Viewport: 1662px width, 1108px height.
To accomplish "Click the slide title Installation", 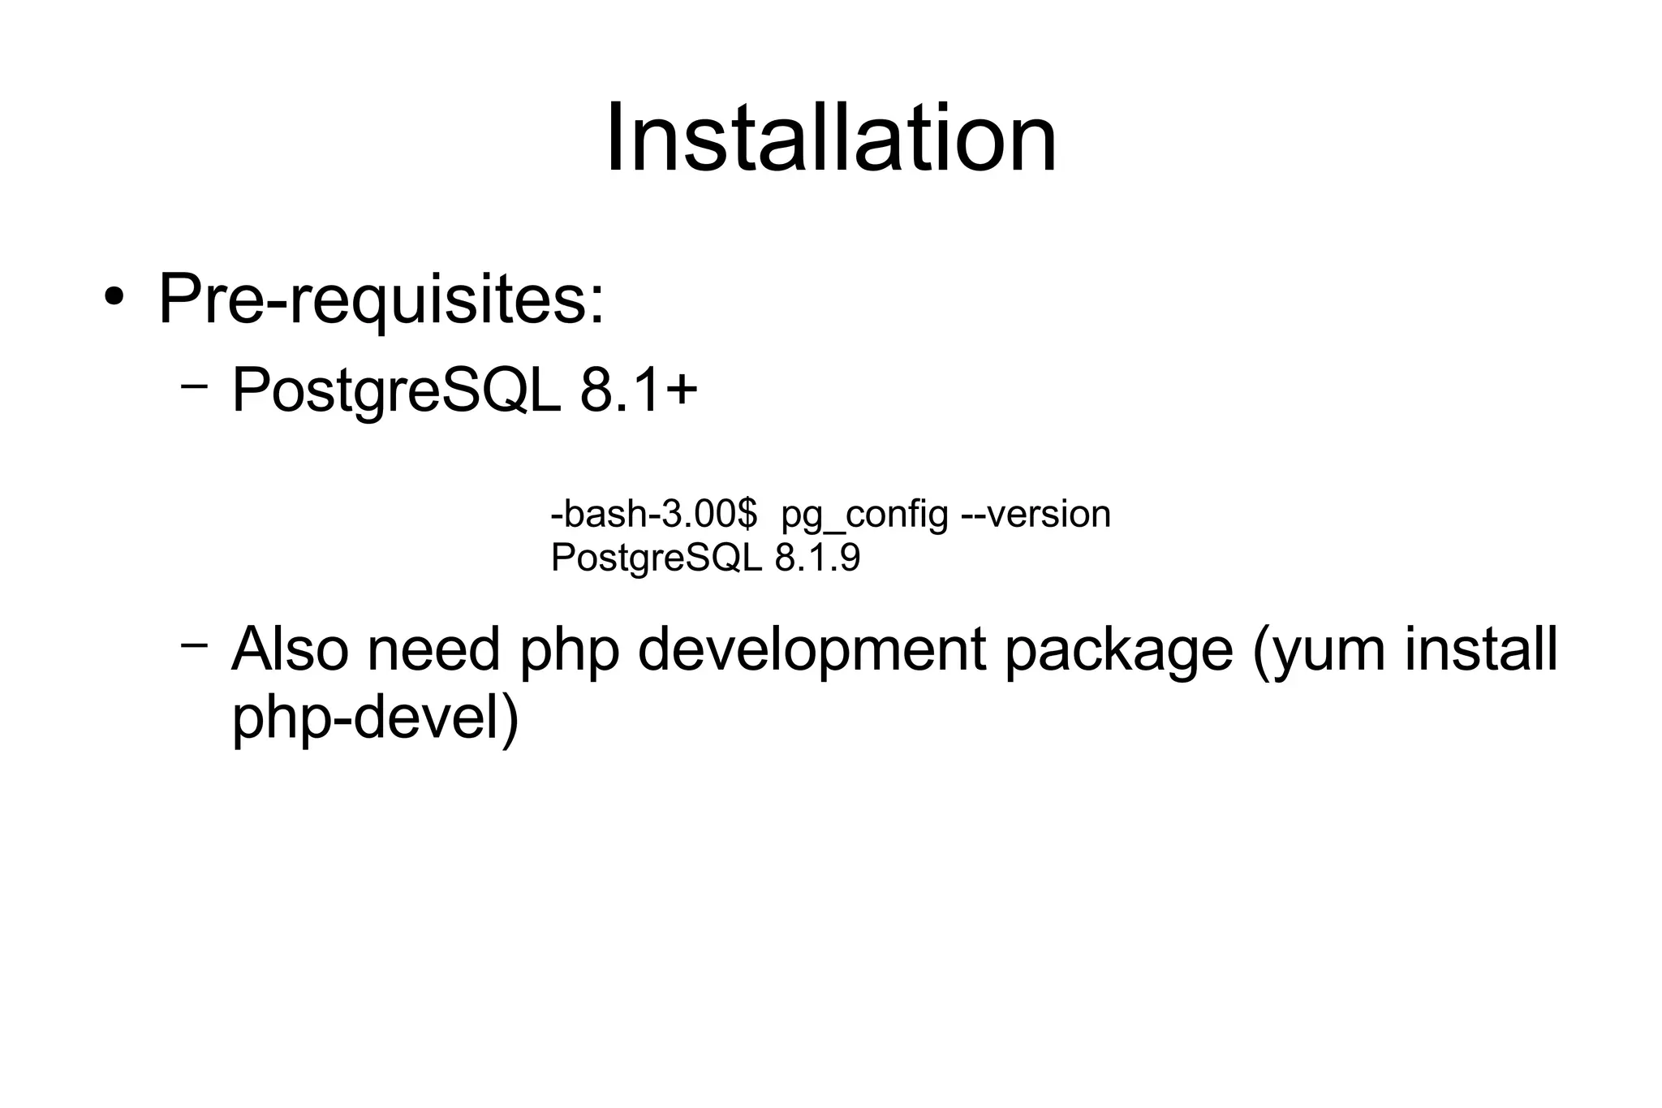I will [831, 138].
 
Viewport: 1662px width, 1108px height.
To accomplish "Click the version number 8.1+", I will [639, 390].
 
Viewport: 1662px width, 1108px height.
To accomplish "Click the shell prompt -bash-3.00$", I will [653, 514].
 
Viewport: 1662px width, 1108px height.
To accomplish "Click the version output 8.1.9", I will [817, 558].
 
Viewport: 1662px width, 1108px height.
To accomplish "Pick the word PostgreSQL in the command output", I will [656, 558].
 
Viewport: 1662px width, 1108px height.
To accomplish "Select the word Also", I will [290, 649].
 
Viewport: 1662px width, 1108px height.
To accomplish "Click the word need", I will [433, 649].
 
